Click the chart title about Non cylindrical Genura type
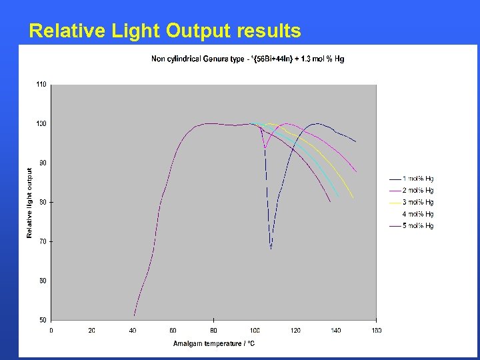247,59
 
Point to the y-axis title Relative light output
29,203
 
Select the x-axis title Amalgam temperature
213,343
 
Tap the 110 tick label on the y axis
41,85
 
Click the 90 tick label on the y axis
43,163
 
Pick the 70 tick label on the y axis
43,241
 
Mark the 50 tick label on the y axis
43,319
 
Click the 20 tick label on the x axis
91,330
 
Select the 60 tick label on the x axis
173,330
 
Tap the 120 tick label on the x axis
295,330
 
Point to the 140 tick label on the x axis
335,330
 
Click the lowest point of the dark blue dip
271,249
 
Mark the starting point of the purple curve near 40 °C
134,315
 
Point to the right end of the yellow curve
353,198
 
